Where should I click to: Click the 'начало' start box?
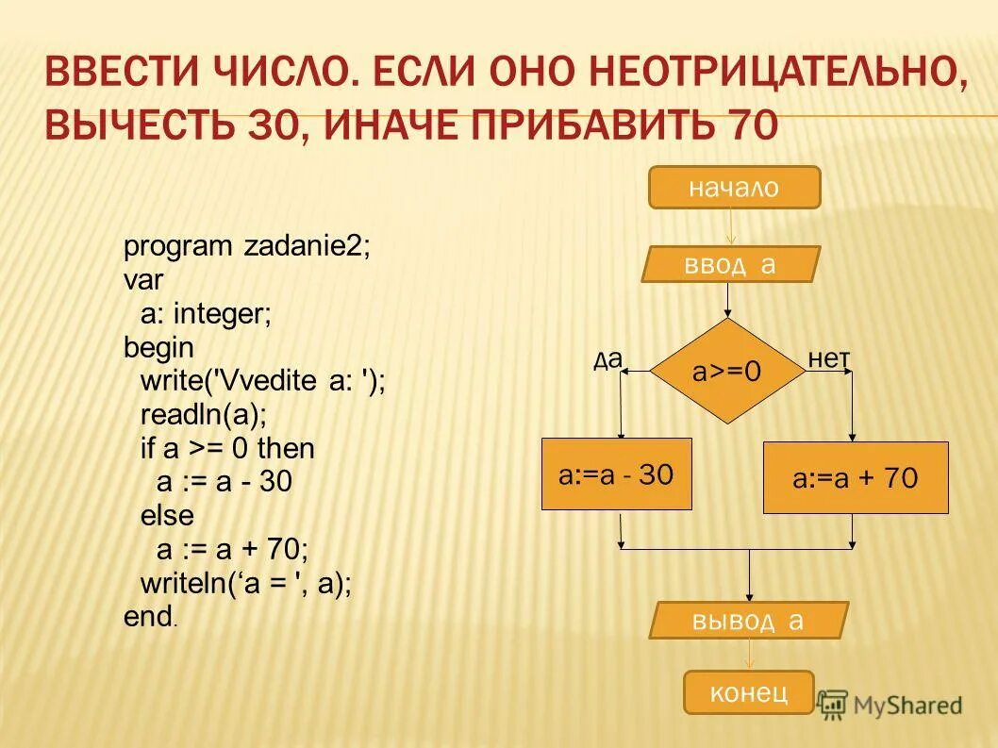click(x=734, y=188)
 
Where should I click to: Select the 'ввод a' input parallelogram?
click(x=731, y=264)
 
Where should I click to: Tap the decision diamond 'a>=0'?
click(x=727, y=372)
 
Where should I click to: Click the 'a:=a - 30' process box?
click(x=616, y=474)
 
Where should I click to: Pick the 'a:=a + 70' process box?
click(x=855, y=478)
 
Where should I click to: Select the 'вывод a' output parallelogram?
click(x=749, y=621)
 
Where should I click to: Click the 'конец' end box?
click(x=748, y=692)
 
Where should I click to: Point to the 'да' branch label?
click(x=608, y=358)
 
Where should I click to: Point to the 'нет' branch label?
click(x=829, y=358)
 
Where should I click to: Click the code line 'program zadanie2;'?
click(x=247, y=247)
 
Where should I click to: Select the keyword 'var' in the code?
click(x=143, y=281)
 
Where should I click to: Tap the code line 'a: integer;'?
click(x=206, y=315)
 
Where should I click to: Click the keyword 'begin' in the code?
click(x=158, y=348)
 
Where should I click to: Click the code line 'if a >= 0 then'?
click(x=227, y=449)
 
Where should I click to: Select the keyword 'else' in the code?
click(x=167, y=516)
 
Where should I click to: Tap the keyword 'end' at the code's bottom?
click(x=146, y=617)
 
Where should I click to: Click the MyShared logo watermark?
click(x=890, y=705)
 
